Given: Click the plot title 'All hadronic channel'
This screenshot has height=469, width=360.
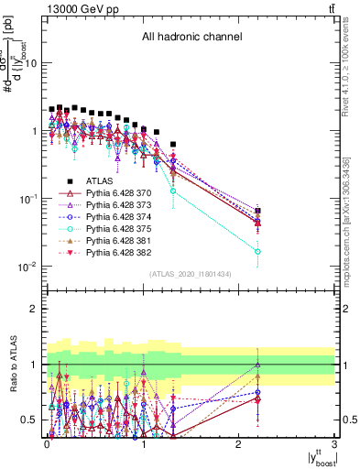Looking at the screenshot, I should (191, 38).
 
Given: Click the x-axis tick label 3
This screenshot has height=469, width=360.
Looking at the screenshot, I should (335, 443).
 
